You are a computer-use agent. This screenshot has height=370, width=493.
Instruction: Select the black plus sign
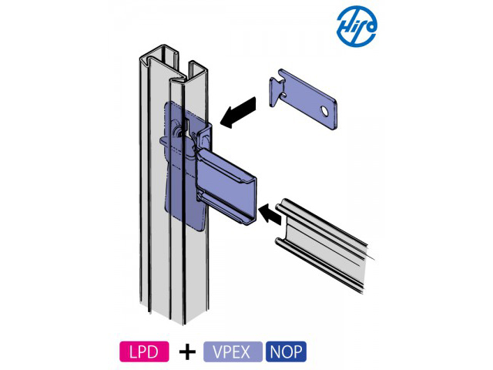pos(186,352)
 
